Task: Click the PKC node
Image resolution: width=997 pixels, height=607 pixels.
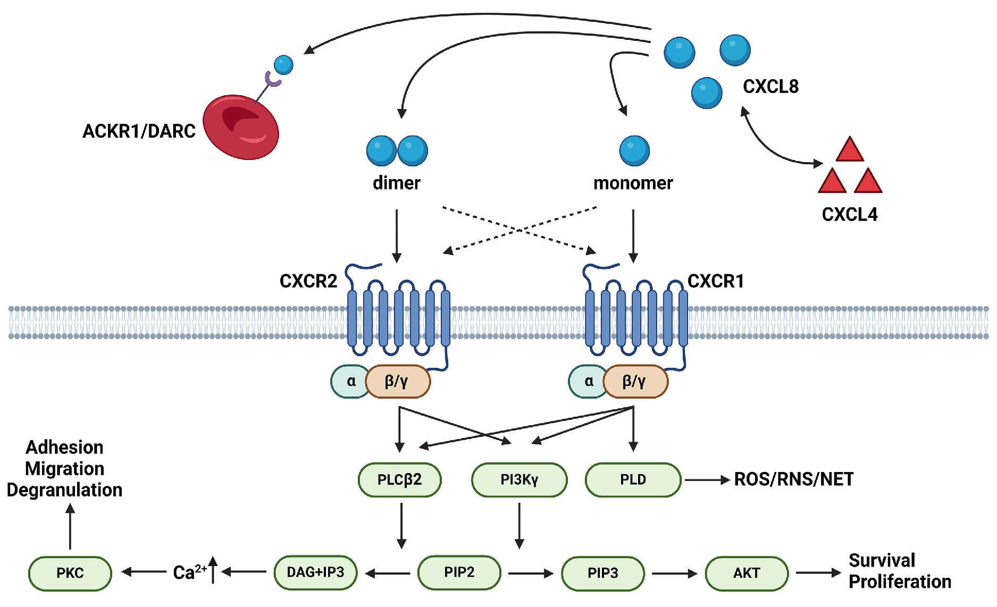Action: click(70, 573)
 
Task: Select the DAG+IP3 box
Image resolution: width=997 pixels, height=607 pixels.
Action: click(315, 572)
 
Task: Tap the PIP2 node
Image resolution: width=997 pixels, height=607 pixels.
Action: click(459, 572)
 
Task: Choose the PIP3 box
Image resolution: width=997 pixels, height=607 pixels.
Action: click(602, 573)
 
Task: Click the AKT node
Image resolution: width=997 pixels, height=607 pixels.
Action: click(747, 573)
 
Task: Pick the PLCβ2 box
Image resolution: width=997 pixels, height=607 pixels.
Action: click(399, 479)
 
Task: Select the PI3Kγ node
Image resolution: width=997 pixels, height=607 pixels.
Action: click(519, 479)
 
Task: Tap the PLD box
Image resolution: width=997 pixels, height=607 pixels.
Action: click(633, 479)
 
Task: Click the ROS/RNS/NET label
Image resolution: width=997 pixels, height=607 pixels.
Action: click(793, 479)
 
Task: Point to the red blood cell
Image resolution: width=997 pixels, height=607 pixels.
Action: click(241, 127)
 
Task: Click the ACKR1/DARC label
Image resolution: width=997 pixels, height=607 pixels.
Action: click(139, 131)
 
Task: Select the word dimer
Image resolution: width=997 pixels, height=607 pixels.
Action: click(396, 183)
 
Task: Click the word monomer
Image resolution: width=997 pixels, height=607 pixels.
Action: click(633, 183)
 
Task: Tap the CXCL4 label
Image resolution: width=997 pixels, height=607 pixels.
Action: click(849, 214)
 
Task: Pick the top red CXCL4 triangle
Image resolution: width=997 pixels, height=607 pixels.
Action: click(850, 150)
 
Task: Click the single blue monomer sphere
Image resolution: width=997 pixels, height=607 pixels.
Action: click(634, 150)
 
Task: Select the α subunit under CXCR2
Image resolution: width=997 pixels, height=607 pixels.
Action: click(350, 381)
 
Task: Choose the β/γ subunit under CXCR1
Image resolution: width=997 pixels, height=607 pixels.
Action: click(635, 381)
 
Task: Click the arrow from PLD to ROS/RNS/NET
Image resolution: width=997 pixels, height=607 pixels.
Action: click(707, 480)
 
